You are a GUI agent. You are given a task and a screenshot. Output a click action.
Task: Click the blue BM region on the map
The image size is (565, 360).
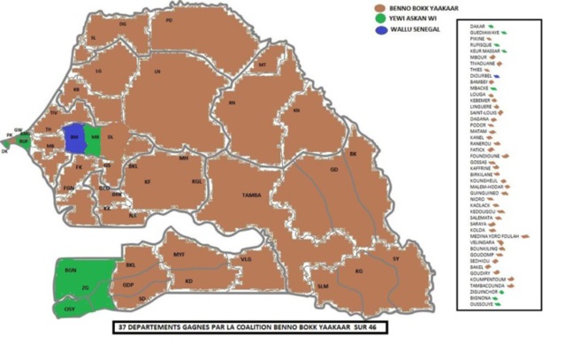[x=73, y=138]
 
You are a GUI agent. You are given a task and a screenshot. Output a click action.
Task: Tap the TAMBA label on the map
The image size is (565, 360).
[x=253, y=196]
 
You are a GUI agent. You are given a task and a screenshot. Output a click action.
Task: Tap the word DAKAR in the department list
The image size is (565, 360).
[x=478, y=28]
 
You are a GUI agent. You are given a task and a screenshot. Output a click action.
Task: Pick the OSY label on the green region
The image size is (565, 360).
[x=68, y=310]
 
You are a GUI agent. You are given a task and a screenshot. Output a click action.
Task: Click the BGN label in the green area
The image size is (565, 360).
[x=70, y=268]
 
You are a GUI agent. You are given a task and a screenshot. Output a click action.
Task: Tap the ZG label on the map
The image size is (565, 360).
[x=86, y=288]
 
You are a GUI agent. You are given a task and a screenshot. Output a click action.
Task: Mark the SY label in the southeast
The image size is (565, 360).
[x=397, y=258]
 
